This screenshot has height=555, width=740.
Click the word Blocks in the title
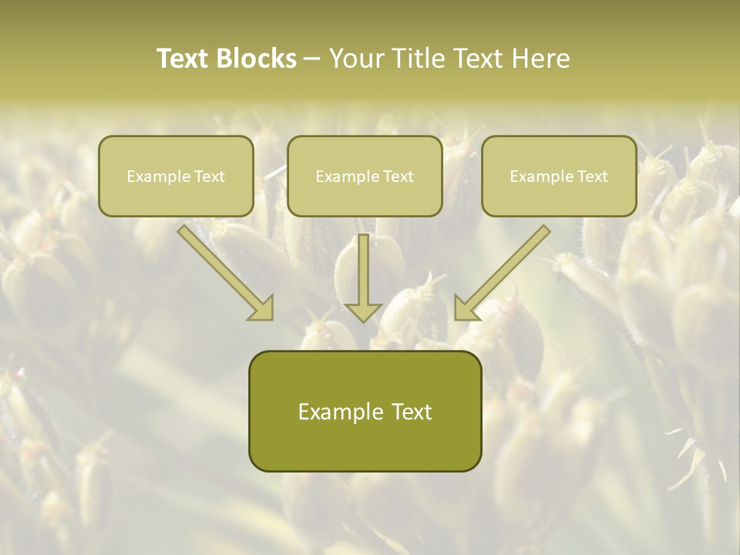point(256,59)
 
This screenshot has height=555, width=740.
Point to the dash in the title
point(312,59)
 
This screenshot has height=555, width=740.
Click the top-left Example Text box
point(176,176)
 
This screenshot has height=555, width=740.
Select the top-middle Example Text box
point(365,176)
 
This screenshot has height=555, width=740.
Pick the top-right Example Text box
point(559,176)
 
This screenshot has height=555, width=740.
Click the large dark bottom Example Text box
point(365,411)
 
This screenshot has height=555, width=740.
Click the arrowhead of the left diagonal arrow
point(262,308)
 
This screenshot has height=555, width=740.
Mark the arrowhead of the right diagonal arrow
point(466,308)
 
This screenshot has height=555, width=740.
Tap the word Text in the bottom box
point(406,412)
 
